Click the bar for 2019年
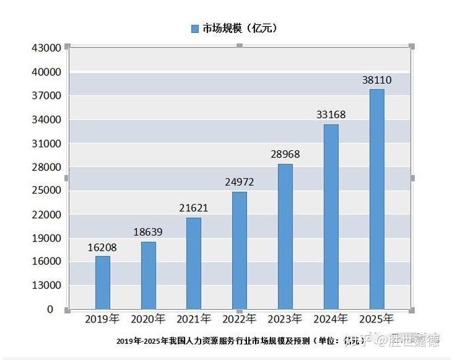(102, 282)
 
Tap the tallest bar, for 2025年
(377, 199)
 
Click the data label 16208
(102, 247)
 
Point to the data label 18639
(148, 233)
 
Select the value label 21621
(193, 208)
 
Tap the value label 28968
(285, 154)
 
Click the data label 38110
(377, 80)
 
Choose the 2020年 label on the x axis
(148, 319)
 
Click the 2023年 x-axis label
(285, 319)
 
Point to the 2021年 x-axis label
(193, 319)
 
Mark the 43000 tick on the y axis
(46, 48)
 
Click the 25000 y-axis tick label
(46, 190)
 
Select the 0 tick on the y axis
(50, 309)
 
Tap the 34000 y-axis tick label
(46, 119)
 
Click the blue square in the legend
(195, 28)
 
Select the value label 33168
(331, 115)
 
